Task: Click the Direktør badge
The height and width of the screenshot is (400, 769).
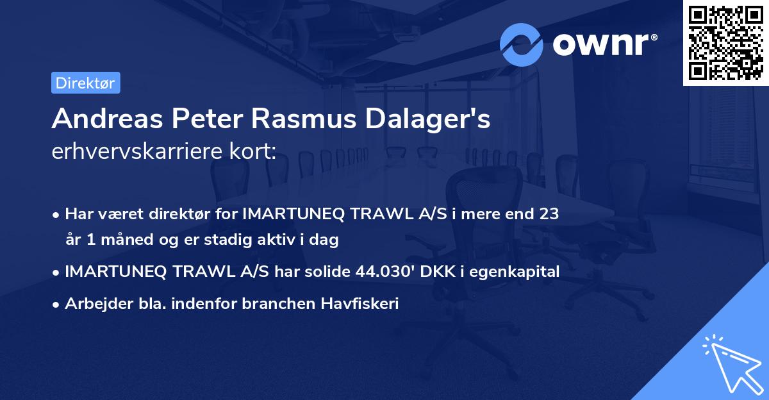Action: click(x=85, y=83)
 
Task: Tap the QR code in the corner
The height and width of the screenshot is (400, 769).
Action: click(x=725, y=42)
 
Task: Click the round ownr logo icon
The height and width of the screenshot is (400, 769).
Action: click(x=522, y=44)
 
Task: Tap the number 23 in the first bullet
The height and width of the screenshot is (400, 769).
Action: click(x=549, y=214)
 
